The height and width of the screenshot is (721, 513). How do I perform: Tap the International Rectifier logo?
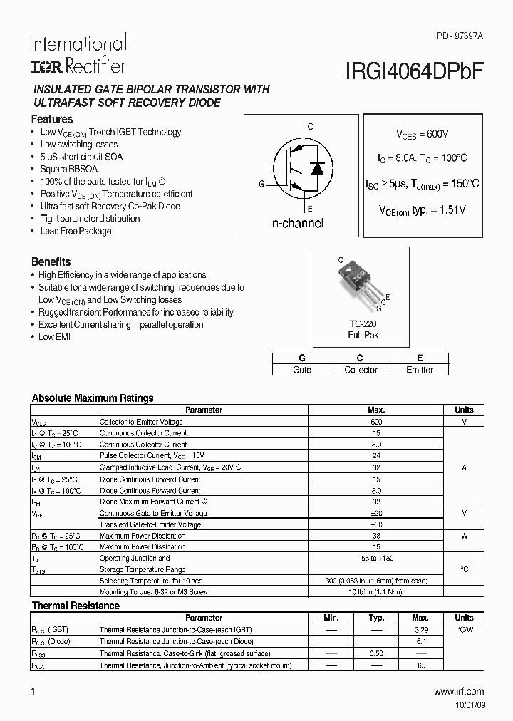pyautogui.click(x=78, y=54)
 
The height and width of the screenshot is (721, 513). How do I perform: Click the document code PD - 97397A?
pyautogui.click(x=459, y=36)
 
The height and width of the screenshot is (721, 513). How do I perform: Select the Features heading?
pyautogui.click(x=52, y=119)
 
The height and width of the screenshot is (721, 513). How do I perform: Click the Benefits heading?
pyautogui.click(x=51, y=261)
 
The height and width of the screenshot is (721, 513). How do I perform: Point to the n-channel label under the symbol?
pyautogui.click(x=298, y=223)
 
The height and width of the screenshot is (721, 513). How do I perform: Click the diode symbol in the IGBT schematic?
pyautogui.click(x=318, y=168)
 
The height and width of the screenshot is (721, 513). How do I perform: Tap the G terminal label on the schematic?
pyautogui.click(x=261, y=184)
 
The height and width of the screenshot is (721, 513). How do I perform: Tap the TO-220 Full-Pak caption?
pyautogui.click(x=363, y=329)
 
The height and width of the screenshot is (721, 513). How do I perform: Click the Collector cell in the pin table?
pyautogui.click(x=361, y=370)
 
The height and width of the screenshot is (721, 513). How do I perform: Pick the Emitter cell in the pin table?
pyautogui.click(x=419, y=370)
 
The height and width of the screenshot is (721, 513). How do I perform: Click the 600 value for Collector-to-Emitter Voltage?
pyautogui.click(x=376, y=422)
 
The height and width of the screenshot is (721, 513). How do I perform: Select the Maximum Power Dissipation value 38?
pyautogui.click(x=376, y=536)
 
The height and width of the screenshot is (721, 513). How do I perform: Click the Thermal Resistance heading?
pyautogui.click(x=76, y=606)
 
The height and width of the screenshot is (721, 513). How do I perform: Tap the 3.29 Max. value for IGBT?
pyautogui.click(x=420, y=630)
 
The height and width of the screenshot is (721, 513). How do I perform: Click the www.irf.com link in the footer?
pyautogui.click(x=458, y=691)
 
